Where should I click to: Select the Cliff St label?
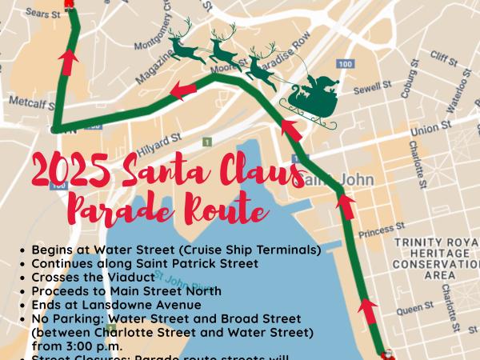click(x=442, y=58)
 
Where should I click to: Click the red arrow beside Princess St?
click(x=346, y=206)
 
